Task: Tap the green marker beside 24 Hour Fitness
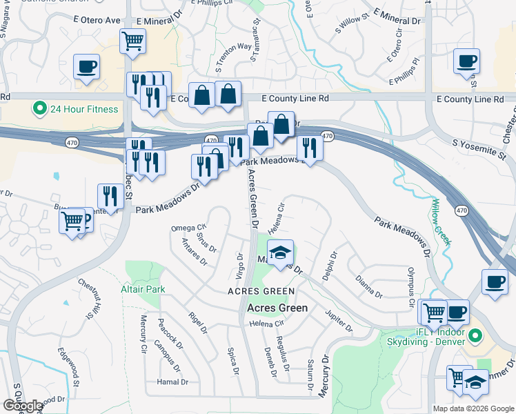pyautogui.click(x=39, y=109)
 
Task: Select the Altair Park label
pyautogui.click(x=143, y=289)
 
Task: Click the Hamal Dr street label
pyautogui.click(x=172, y=382)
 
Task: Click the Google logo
pyautogui.click(x=23, y=405)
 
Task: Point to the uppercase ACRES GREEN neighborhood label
pyautogui.click(x=257, y=292)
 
